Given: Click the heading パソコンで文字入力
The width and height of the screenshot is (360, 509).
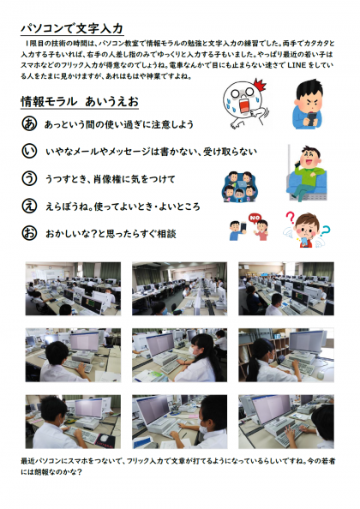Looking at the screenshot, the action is [72, 28].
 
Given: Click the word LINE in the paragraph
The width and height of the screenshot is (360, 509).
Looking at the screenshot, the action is [297, 65].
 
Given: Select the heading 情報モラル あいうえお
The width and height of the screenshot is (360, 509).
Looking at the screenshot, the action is [80, 102].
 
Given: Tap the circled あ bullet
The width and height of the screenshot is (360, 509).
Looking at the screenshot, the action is [29, 123].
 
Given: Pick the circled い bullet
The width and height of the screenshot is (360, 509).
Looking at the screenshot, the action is [29, 151].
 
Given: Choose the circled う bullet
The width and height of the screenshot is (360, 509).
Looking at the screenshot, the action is [29, 178].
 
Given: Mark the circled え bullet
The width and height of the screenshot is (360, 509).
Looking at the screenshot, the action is [29, 206].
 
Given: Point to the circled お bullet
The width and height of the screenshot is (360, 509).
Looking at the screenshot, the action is [29, 233].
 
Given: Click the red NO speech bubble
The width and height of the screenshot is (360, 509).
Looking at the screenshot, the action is [255, 219].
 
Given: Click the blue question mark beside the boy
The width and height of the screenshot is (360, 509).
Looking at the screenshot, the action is [325, 231].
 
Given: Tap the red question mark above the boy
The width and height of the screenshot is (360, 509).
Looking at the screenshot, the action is [290, 218].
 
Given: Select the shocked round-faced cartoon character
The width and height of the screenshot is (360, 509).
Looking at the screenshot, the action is [245, 104].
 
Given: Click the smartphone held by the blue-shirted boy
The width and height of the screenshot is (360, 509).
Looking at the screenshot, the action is [310, 119].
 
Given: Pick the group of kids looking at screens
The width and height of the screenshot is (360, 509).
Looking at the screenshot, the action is [238, 187].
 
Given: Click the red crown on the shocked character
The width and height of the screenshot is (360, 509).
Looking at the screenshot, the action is [260, 85].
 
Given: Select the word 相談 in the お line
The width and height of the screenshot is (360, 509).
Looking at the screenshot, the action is [167, 234].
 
